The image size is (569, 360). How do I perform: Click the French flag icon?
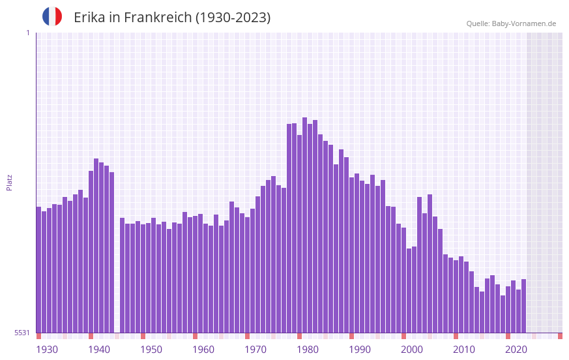pyautogui.click(x=52, y=16)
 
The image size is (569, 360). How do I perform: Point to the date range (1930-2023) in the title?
pyautogui.click(x=233, y=18)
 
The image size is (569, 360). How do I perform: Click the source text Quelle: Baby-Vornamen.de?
pyautogui.click(x=511, y=23)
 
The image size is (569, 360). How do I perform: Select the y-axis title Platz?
pyautogui.click(x=9, y=182)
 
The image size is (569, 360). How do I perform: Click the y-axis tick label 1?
pyautogui.click(x=27, y=33)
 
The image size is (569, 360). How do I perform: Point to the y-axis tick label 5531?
pyautogui.click(x=22, y=333)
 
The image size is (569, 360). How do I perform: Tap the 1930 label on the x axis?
pyautogui.click(x=47, y=350)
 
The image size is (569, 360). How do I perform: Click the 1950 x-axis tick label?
pyautogui.click(x=151, y=350)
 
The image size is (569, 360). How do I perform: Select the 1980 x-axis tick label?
pyautogui.click(x=308, y=350)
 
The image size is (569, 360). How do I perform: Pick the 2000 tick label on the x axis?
pyautogui.click(x=412, y=350)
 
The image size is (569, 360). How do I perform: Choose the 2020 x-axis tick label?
pyautogui.click(x=516, y=350)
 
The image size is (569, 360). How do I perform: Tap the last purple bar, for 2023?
pyautogui.click(x=523, y=306)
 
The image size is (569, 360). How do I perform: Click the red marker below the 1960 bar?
pyautogui.click(x=195, y=336)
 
